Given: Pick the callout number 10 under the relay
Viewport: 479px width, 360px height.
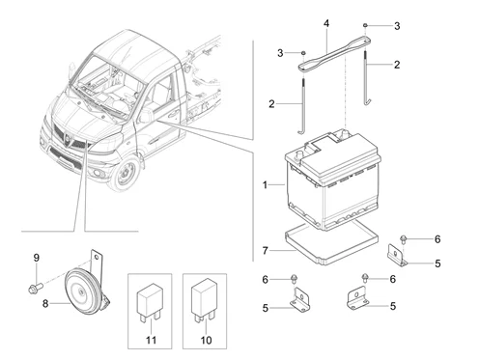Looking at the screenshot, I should point(205,341).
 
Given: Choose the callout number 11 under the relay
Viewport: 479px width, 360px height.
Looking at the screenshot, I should point(150,341).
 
